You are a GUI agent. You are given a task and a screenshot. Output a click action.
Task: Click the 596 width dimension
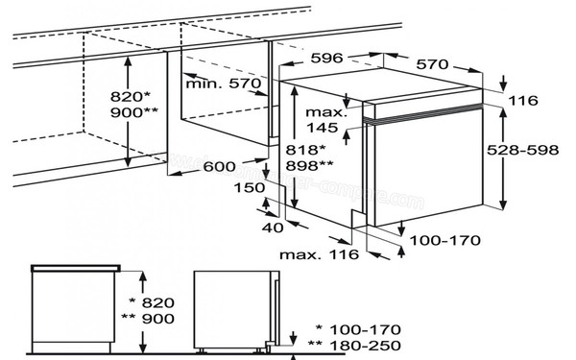coord(327,58)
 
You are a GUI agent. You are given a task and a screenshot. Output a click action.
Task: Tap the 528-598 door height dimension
coord(538,152)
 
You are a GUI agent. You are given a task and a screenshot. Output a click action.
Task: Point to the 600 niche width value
coord(218,167)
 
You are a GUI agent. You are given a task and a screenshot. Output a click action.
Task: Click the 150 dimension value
coord(276,190)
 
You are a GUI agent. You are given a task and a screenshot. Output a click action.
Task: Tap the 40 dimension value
coord(272,228)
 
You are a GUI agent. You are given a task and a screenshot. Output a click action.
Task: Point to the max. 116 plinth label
coord(319,254)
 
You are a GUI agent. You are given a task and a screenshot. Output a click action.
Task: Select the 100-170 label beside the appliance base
coord(442,241)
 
